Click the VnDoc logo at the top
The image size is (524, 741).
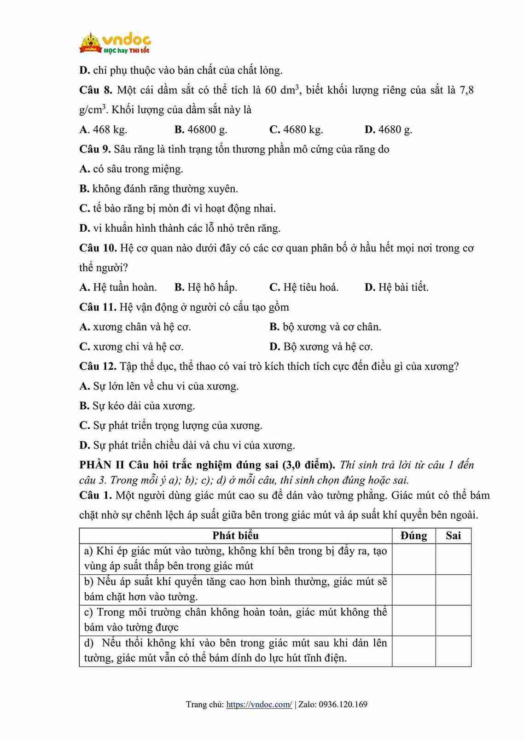115,43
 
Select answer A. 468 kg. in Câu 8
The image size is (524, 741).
103,129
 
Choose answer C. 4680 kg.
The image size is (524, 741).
296,129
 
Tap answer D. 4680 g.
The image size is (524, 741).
388,129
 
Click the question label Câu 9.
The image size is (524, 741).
95,149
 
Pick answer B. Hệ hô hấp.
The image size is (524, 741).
206,287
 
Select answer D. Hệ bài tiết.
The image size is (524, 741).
396,287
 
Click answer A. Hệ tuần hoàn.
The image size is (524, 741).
118,287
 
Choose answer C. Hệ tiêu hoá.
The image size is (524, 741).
304,287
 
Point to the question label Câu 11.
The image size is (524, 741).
98,307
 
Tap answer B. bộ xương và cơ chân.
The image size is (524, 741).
325,327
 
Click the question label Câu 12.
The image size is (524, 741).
98,367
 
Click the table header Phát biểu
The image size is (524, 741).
235,536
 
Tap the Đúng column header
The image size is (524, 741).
413,536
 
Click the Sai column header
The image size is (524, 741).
453,536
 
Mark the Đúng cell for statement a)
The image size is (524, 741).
413,559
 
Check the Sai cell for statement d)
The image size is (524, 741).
453,651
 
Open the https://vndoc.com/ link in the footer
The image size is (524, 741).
259,704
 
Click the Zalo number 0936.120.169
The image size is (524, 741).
343,704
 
